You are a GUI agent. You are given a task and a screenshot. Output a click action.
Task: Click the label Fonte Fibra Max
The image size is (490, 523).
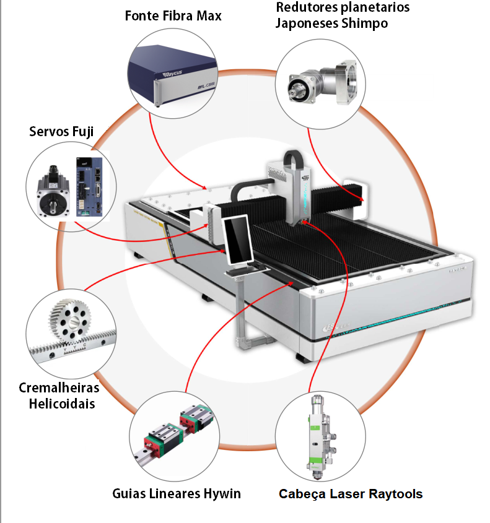point(173,15)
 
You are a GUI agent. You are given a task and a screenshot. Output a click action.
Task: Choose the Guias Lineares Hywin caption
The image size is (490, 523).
point(177,494)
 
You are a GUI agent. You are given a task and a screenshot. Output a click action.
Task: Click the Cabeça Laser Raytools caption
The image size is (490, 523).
point(351,494)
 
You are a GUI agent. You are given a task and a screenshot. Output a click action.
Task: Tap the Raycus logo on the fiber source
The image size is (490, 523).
point(173,74)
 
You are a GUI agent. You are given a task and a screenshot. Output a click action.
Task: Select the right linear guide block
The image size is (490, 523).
point(196,419)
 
